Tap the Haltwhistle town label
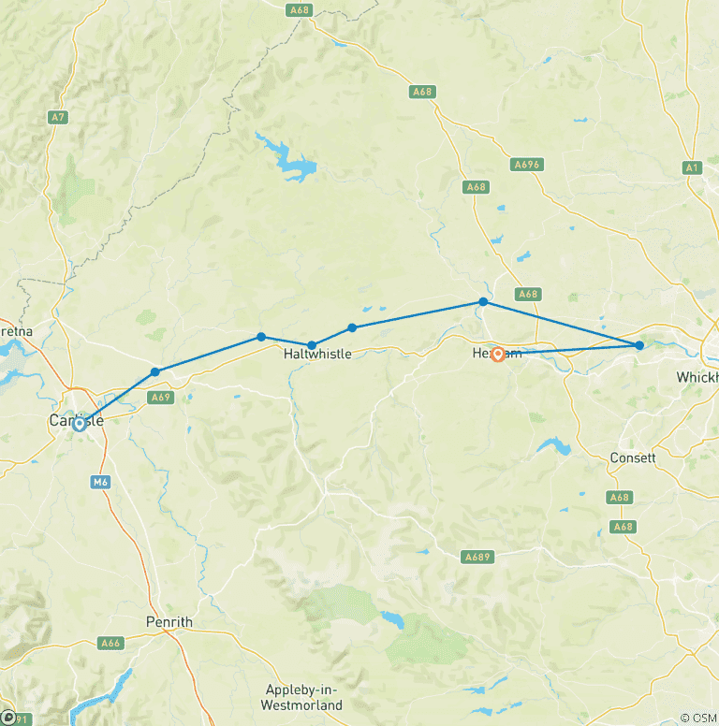point(317,356)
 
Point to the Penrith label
point(169,622)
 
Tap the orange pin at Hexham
point(498,354)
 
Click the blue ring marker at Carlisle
point(80,423)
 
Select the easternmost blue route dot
point(639,345)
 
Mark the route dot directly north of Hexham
point(483,302)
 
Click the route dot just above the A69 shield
point(155,372)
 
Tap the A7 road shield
point(57,117)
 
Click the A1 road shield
point(692,167)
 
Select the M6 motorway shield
point(101,482)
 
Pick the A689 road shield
point(477,557)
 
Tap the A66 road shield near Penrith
point(111,643)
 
